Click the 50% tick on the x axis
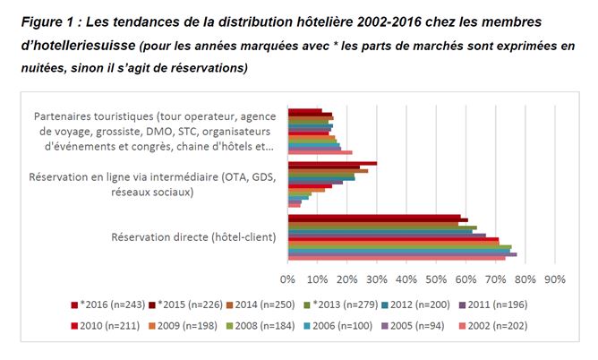click(x=436, y=279)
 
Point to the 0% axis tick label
click(x=288, y=279)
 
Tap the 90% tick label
click(x=554, y=279)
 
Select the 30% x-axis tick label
click(x=377, y=279)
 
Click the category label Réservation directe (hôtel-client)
click(x=192, y=237)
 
